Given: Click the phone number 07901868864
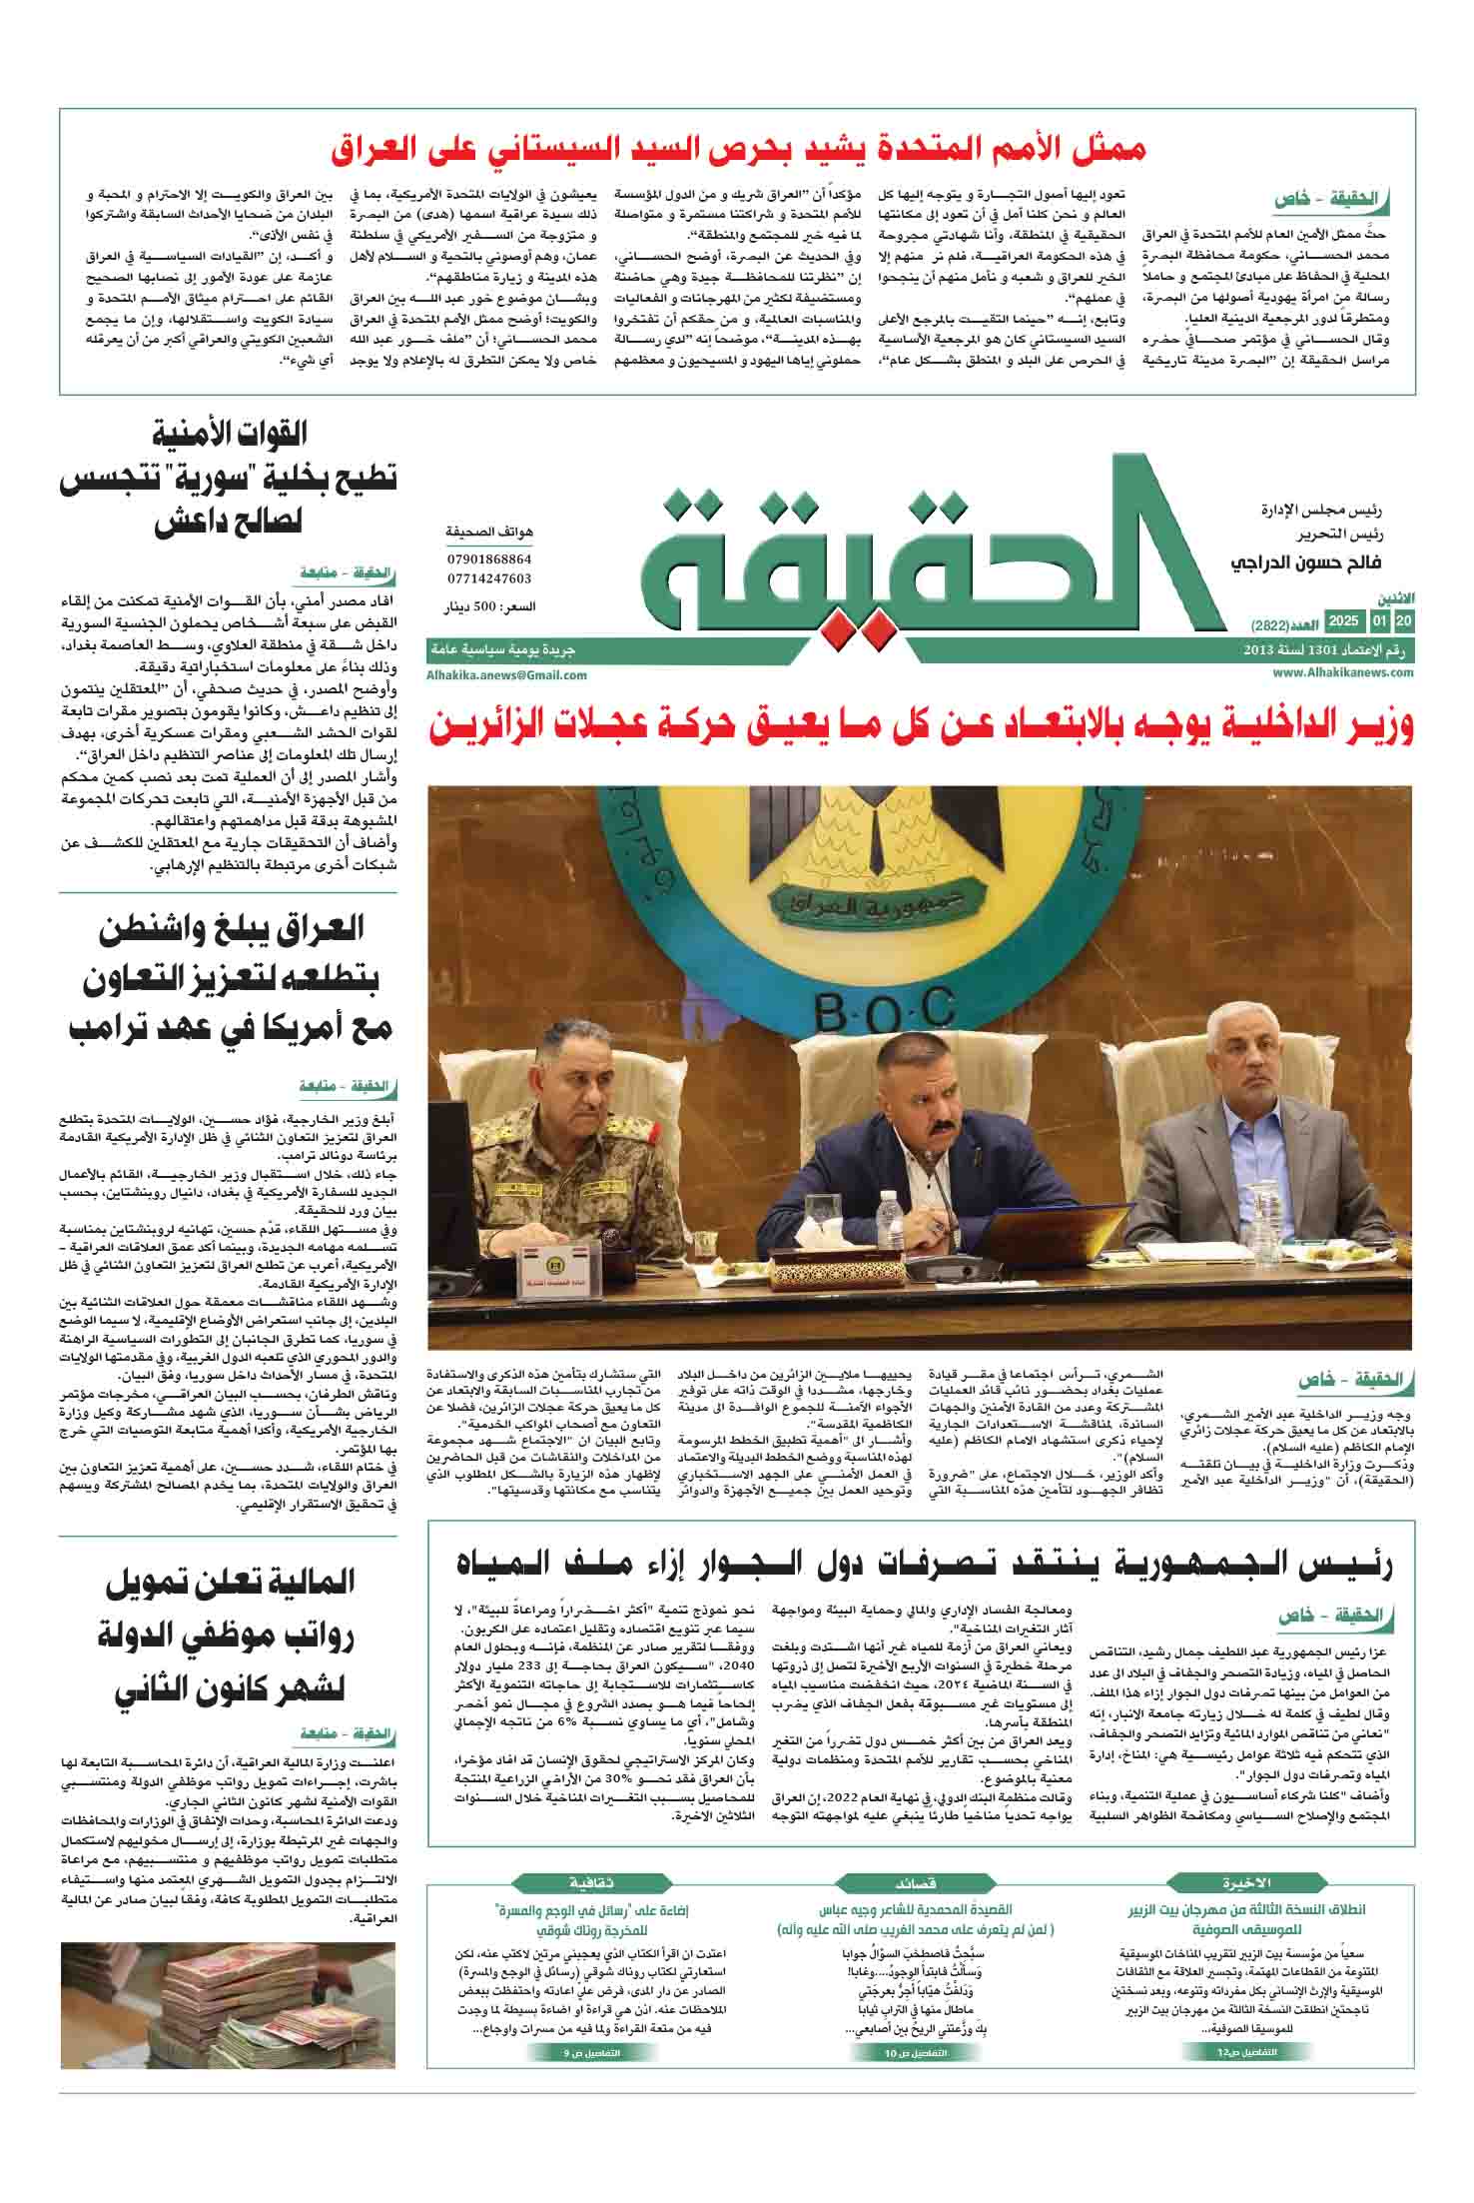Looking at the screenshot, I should tap(489, 559).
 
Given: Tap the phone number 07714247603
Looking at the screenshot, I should tap(489, 578).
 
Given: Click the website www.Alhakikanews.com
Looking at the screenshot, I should tap(1343, 673).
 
